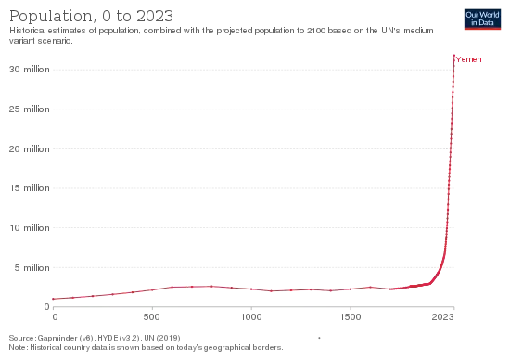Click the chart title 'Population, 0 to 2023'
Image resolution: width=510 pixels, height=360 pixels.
(91, 17)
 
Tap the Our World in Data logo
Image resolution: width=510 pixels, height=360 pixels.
(482, 19)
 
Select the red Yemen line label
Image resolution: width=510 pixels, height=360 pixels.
(468, 59)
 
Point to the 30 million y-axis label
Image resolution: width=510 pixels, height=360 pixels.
(30, 70)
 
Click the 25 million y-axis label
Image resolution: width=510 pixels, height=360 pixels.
(30, 109)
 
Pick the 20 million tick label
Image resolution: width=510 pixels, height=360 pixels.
(30, 149)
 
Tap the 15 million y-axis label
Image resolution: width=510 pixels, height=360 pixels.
(30, 188)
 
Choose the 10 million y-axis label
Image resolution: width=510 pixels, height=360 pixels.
(30, 228)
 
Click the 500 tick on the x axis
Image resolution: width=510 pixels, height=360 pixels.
(152, 316)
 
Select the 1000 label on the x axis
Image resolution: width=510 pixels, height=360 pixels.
(251, 316)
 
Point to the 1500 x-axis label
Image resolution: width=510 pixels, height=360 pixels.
(351, 316)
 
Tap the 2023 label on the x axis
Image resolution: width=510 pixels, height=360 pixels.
(442, 316)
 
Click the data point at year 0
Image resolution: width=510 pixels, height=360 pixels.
(53, 299)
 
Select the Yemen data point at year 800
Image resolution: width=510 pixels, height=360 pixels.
(211, 287)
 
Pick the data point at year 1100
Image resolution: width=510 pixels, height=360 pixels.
(272, 291)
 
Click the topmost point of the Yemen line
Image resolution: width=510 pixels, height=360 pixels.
(454, 56)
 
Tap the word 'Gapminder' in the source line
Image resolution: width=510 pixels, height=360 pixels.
(56, 338)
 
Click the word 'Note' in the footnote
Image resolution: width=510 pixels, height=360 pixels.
(18, 347)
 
